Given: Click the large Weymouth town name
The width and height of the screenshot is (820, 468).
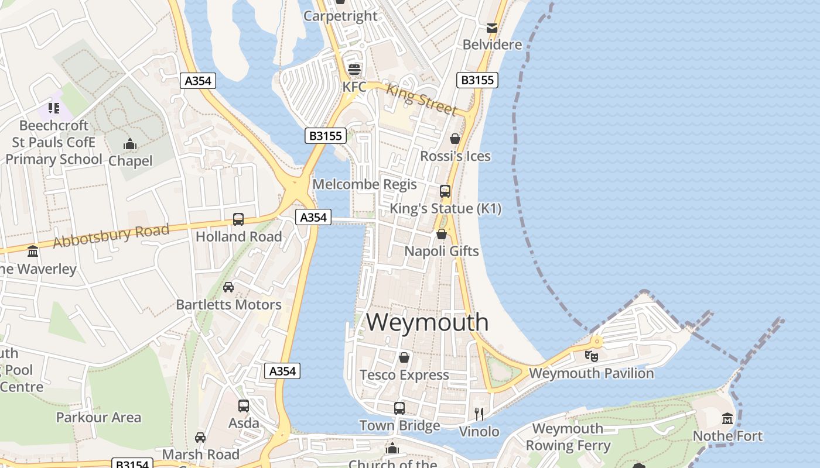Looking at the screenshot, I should click(428, 322).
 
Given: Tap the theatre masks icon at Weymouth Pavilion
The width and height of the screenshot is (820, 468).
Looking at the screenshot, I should click(592, 355).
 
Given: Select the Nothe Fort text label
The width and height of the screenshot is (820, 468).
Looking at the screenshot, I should click(727, 436).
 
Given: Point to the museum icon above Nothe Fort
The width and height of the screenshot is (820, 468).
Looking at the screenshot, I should click(727, 419).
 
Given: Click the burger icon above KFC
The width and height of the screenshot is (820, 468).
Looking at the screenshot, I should click(354, 70).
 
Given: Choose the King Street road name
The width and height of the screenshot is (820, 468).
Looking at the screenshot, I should click(422, 100).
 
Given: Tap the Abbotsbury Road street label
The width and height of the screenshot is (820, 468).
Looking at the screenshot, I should click(111, 235).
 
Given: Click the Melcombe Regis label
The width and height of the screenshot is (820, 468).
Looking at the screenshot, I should click(364, 184).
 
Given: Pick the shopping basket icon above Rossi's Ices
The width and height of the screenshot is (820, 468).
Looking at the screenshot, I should click(455, 139).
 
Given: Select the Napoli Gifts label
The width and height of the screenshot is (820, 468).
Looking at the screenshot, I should click(442, 251).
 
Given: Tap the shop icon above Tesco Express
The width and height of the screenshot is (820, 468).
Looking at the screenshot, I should click(404, 357).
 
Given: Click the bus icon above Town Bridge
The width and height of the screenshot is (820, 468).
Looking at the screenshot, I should click(399, 408).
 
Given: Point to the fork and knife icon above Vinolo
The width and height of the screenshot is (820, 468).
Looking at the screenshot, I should click(479, 414).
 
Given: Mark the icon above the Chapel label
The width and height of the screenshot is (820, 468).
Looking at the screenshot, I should click(130, 144).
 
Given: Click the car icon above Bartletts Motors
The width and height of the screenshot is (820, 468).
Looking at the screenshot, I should click(228, 287).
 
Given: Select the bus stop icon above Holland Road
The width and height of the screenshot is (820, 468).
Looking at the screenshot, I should click(238, 219).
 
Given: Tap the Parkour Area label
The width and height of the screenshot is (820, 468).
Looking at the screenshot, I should click(98, 417).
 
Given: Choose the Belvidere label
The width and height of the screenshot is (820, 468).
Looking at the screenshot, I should click(492, 44).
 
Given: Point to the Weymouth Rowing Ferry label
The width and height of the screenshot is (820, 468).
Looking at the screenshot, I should click(568, 437).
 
